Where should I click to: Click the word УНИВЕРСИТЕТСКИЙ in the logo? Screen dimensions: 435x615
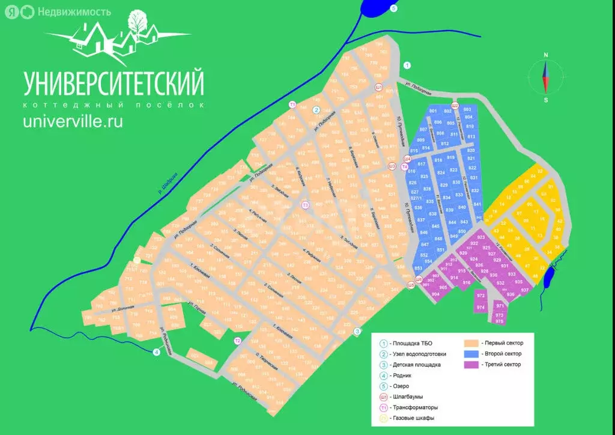(x=114, y=84)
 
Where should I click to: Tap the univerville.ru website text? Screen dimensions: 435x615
(x=73, y=121)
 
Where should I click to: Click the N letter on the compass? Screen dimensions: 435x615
(x=546, y=55)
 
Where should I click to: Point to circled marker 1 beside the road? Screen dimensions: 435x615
(x=407, y=65)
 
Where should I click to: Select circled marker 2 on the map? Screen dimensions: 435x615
(x=316, y=110)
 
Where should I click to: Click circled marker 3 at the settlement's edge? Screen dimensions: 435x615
(x=357, y=331)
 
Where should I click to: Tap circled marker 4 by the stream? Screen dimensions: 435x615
(x=156, y=352)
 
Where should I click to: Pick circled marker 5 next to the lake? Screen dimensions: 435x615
(x=393, y=8)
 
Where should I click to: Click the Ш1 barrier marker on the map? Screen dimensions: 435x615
(x=379, y=87)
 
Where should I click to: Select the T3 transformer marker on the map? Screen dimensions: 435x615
(x=305, y=205)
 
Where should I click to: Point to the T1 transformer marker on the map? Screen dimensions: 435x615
(x=292, y=105)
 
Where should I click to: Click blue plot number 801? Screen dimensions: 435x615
(x=433, y=112)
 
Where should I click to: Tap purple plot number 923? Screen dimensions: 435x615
(x=480, y=238)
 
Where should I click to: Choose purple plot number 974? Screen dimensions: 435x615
(x=480, y=308)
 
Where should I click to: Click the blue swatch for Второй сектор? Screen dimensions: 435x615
(x=473, y=354)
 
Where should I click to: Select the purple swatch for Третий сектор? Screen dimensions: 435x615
(x=473, y=365)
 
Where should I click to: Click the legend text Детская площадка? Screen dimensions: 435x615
(x=417, y=365)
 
